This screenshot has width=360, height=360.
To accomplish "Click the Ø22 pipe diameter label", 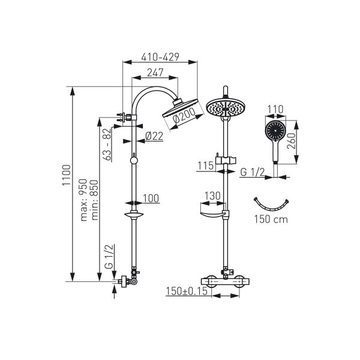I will [x=154, y=136].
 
